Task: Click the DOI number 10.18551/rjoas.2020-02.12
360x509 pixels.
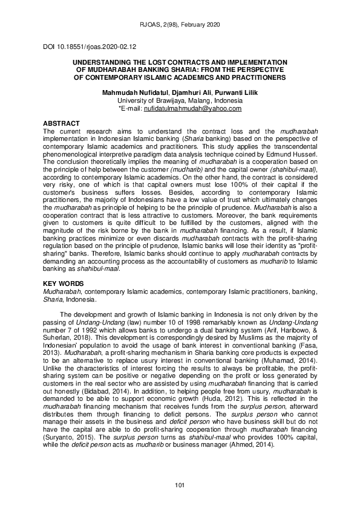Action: [91, 47]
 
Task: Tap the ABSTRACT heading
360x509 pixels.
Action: [62, 123]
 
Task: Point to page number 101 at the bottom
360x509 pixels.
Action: [180, 485]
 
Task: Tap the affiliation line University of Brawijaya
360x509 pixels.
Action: [180, 100]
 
